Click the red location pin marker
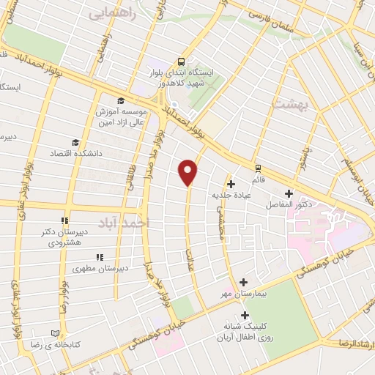tap(188, 171)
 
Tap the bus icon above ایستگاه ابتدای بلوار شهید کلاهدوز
tap(181, 62)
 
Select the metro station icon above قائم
tap(258, 168)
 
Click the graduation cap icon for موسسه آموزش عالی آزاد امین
tap(120, 102)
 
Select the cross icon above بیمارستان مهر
tap(244, 281)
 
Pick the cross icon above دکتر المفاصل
tap(289, 193)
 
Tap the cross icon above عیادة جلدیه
tap(231, 184)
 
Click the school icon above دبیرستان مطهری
tap(100, 257)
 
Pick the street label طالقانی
tap(133, 175)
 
